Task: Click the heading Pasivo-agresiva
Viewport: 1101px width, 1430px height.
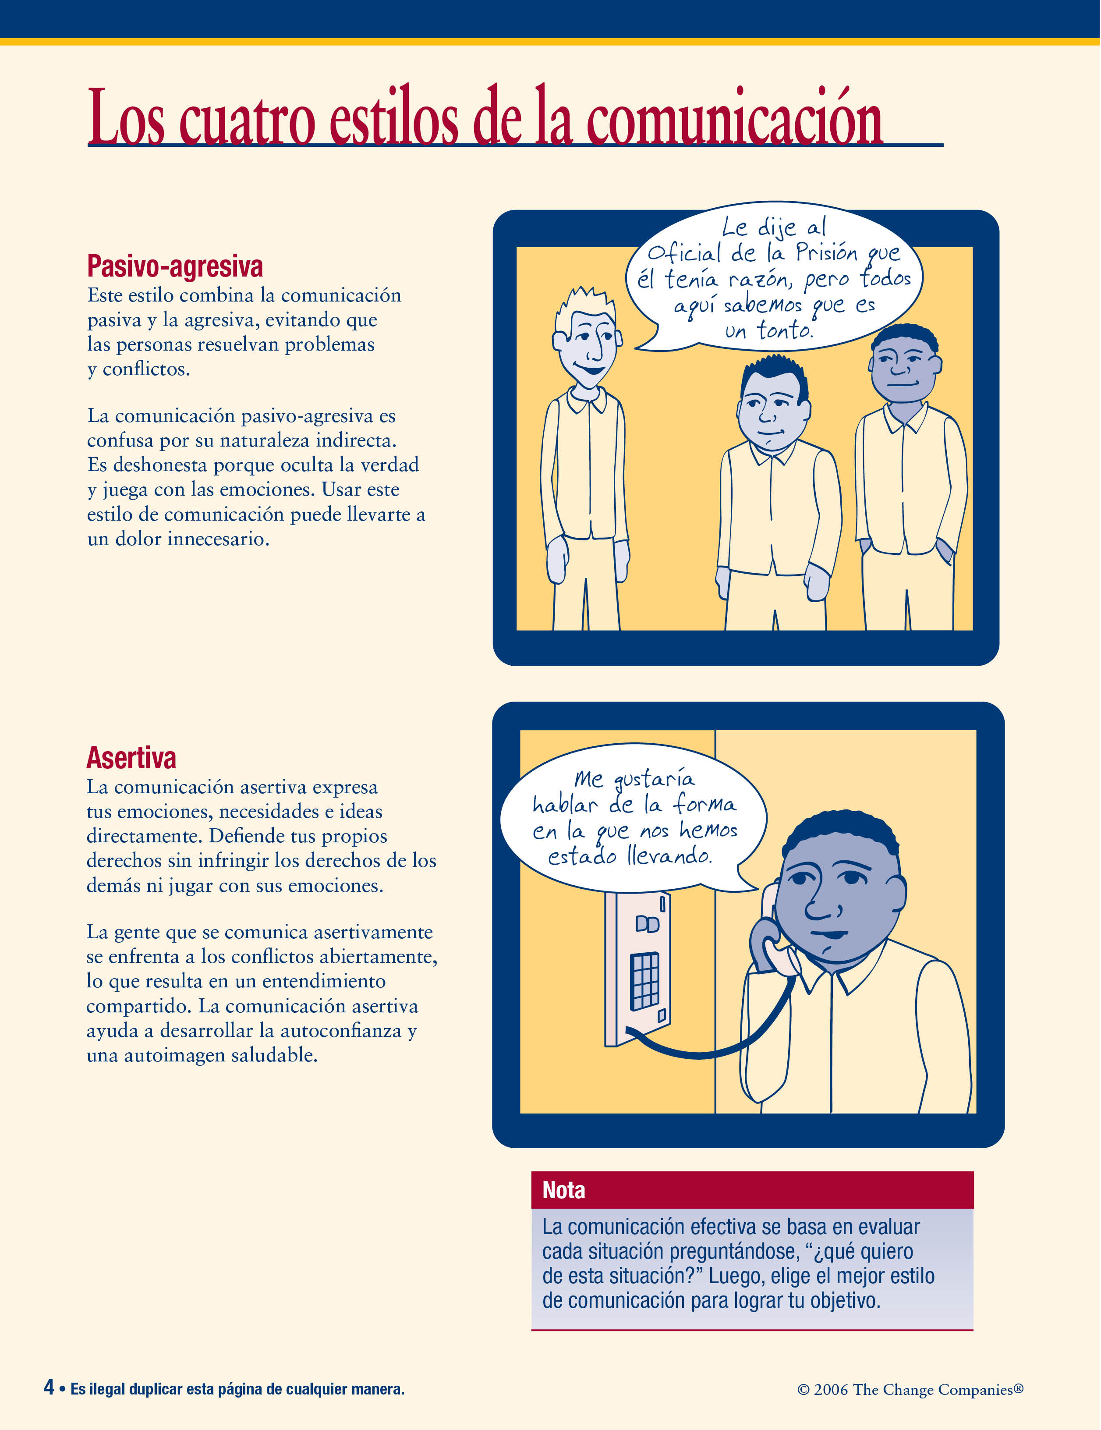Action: tap(175, 266)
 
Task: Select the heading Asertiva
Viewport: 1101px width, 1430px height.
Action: tap(131, 758)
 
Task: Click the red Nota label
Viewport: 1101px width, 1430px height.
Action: tap(563, 1190)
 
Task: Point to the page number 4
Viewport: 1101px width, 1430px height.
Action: tap(49, 1386)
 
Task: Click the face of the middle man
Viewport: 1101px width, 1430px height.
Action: tap(772, 409)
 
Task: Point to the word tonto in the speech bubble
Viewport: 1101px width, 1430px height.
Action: tap(784, 330)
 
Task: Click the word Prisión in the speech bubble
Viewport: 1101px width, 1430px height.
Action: tap(826, 252)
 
